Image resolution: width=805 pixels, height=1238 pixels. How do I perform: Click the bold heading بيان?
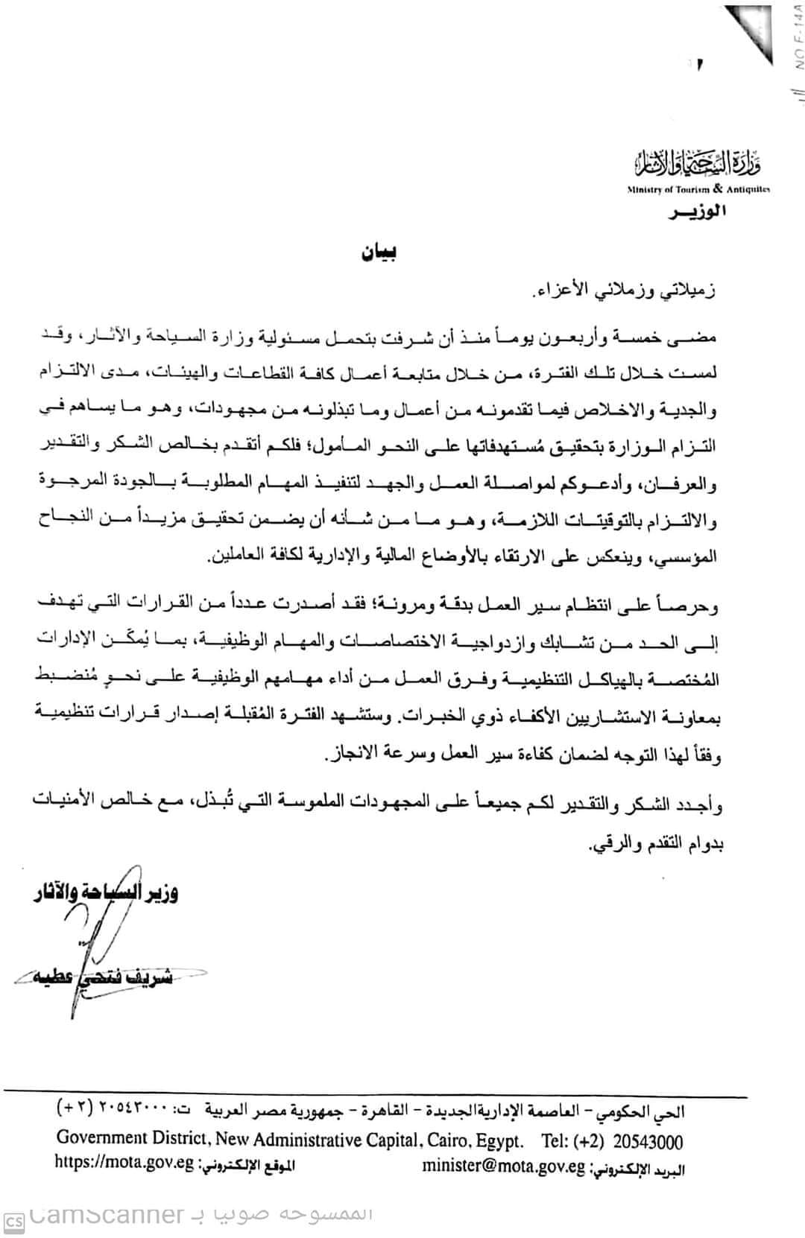point(379,253)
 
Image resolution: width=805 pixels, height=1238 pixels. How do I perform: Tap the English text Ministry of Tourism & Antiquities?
point(698,189)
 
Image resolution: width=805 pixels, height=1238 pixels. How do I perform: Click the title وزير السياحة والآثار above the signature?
point(104,892)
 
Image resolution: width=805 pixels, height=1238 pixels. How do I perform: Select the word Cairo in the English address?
point(446,1140)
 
